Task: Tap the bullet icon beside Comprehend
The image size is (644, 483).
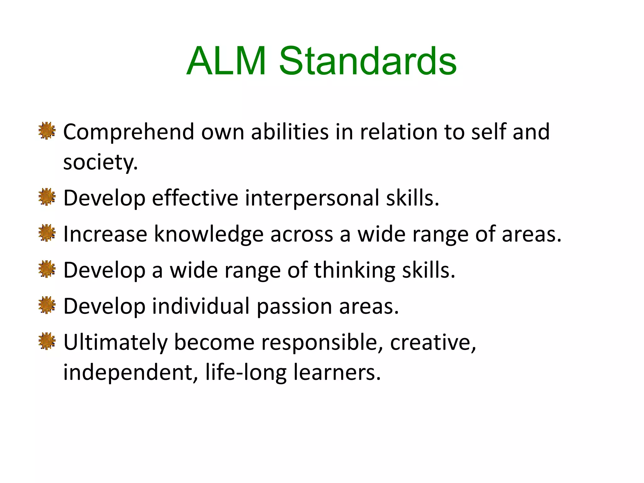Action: [x=47, y=130]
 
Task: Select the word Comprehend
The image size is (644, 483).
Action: [x=129, y=132]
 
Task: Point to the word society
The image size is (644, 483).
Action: [x=100, y=162]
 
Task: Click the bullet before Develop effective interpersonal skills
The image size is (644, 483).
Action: [x=47, y=197]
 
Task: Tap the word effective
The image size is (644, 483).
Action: [x=195, y=198]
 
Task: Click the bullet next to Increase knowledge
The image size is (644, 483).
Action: [x=47, y=233]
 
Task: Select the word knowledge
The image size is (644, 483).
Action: [x=209, y=235]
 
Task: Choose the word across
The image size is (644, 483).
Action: [x=302, y=235]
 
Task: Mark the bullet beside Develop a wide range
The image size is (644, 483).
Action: [x=47, y=269]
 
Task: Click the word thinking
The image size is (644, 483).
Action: [x=355, y=270]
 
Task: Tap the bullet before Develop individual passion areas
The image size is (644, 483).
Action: [x=47, y=305]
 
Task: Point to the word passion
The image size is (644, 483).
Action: [x=294, y=307]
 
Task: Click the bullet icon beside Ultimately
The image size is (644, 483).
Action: [x=47, y=341]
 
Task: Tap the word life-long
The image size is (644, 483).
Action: [x=246, y=373]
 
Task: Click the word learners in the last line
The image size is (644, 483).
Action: [x=337, y=373]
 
